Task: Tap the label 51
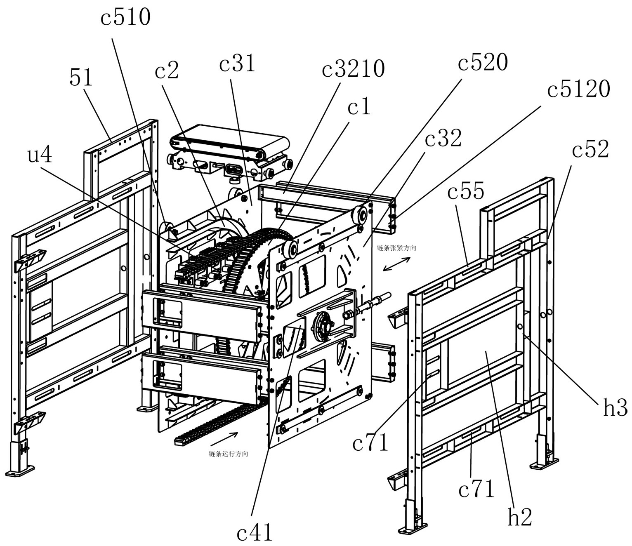(x=81, y=78)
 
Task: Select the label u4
(x=40, y=155)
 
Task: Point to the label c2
(x=167, y=71)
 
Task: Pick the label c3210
(x=353, y=69)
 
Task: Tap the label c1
(x=359, y=107)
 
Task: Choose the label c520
(x=483, y=63)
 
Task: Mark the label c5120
(x=578, y=89)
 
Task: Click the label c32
(x=443, y=139)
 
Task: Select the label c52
(x=590, y=150)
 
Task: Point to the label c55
(x=465, y=191)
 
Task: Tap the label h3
(x=615, y=408)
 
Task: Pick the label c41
(x=255, y=532)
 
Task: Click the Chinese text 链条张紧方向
(x=396, y=248)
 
